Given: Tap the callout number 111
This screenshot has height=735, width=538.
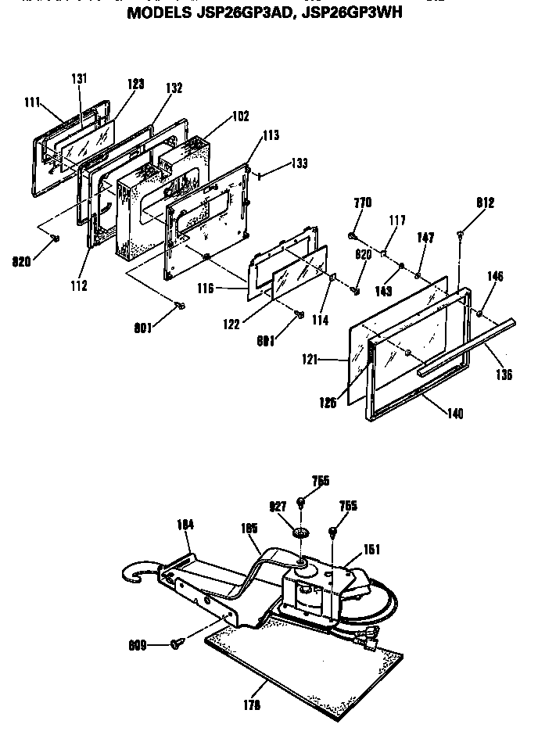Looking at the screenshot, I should [31, 102].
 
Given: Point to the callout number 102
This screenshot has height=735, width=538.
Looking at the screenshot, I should [240, 116].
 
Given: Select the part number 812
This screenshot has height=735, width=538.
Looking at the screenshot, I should [485, 203].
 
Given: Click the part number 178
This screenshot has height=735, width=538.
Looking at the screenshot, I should [253, 705].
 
